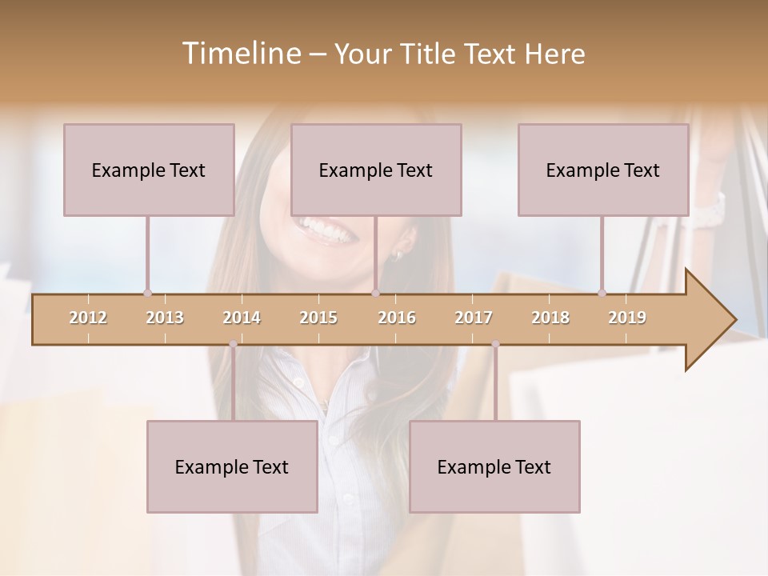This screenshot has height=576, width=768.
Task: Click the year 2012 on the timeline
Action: (x=88, y=318)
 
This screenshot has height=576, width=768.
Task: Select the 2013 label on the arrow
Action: (x=165, y=318)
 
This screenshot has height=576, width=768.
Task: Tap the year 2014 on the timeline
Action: (x=242, y=318)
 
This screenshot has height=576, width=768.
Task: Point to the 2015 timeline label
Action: (x=318, y=318)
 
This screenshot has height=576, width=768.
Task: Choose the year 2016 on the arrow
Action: (x=397, y=318)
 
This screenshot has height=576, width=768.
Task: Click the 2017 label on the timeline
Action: (x=474, y=318)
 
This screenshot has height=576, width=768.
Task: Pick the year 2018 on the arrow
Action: (x=550, y=318)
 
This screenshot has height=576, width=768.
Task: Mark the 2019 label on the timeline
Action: (x=627, y=318)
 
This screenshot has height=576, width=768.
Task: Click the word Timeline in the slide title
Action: (x=240, y=54)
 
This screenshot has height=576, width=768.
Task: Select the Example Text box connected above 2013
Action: (x=149, y=170)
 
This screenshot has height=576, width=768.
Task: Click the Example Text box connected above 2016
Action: (x=376, y=170)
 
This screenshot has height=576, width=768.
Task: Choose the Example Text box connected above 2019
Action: (x=603, y=170)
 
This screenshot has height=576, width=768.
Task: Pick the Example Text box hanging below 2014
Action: (x=232, y=466)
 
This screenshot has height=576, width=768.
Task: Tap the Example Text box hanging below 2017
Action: (x=494, y=466)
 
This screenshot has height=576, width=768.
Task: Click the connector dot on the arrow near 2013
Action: (x=147, y=293)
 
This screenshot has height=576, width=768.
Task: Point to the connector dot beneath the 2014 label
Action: (x=233, y=344)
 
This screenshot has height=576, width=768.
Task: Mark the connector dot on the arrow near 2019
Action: (x=602, y=293)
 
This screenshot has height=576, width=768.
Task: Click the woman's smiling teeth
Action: (x=327, y=232)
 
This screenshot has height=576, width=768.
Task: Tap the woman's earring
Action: (x=396, y=256)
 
